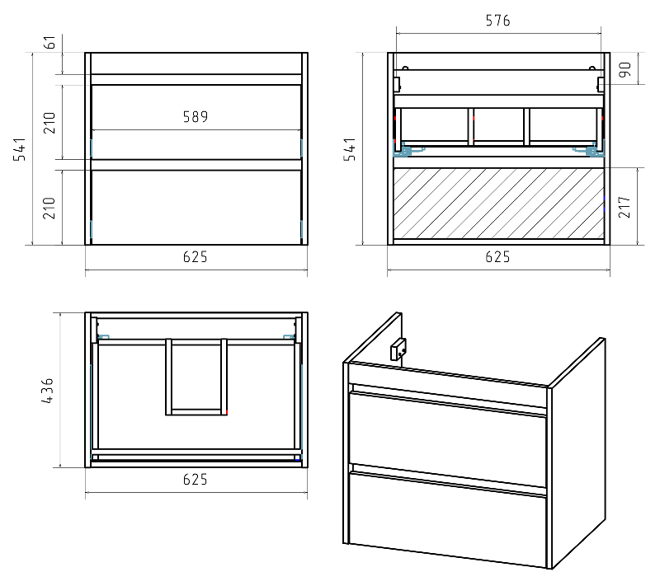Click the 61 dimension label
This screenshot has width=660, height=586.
pyautogui.click(x=50, y=43)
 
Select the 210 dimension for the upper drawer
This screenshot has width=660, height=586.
pyautogui.click(x=49, y=123)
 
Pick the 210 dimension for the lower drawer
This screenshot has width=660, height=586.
pyautogui.click(x=49, y=208)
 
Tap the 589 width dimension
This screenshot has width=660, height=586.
pyautogui.click(x=196, y=117)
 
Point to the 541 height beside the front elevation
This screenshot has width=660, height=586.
pyautogui.click(x=19, y=149)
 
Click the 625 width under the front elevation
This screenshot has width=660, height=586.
pyautogui.click(x=196, y=257)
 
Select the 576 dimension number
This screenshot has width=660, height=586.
pyautogui.click(x=498, y=20)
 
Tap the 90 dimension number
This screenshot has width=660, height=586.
pyautogui.click(x=625, y=69)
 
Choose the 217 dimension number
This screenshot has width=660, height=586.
pyautogui.click(x=625, y=207)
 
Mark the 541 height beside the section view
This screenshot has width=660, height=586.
pyautogui.click(x=350, y=149)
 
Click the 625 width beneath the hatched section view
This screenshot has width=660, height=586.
pyautogui.click(x=497, y=257)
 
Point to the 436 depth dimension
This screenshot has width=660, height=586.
pyautogui.click(x=48, y=391)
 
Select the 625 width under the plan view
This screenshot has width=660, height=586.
pyautogui.click(x=196, y=479)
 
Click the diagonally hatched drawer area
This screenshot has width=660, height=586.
pyautogui.click(x=499, y=204)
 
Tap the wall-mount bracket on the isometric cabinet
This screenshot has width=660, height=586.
pyautogui.click(x=398, y=349)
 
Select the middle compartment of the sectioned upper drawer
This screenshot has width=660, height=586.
pyautogui.click(x=499, y=124)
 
